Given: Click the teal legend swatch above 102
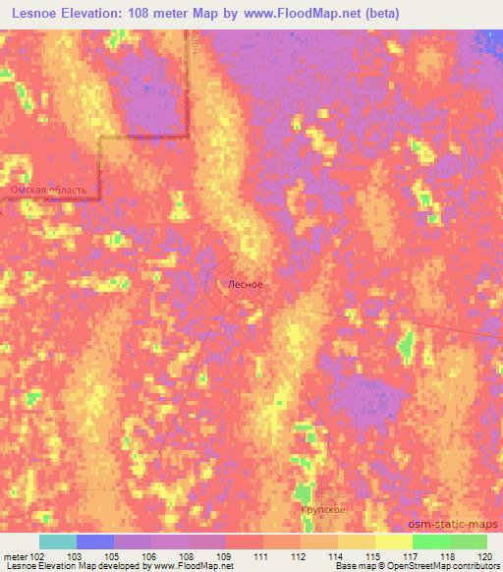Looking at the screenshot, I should click(x=58, y=542).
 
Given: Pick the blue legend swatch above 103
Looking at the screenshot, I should click(x=95, y=542).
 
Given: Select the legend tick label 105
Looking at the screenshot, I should click(x=114, y=555).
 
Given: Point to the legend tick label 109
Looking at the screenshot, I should click(x=226, y=555).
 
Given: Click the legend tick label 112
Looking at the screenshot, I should click(x=300, y=555).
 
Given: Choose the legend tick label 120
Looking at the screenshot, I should click(x=485, y=555).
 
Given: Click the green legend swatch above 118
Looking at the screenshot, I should click(x=430, y=542).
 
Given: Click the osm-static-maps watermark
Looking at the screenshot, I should click(x=463, y=526).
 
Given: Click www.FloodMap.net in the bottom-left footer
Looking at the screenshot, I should click(x=190, y=567).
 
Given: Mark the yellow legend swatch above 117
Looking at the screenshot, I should click(x=393, y=542).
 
